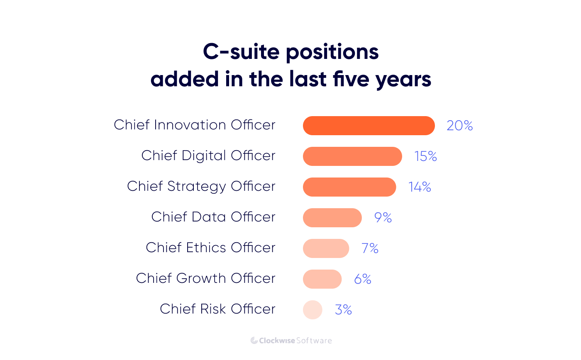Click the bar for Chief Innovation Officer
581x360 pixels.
tap(369, 126)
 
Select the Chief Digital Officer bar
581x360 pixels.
tap(352, 156)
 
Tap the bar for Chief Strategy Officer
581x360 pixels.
tap(349, 187)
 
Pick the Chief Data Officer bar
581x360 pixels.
tap(332, 218)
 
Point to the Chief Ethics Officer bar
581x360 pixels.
tap(326, 248)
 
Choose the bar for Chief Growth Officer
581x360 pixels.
tap(322, 279)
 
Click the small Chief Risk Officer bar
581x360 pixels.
tap(312, 310)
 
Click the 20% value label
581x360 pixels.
tap(459, 126)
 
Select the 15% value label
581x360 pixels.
tap(425, 156)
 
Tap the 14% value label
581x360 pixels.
tap(420, 187)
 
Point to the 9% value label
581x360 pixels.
tap(383, 218)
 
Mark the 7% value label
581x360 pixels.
tap(370, 248)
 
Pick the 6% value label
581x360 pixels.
tap(362, 279)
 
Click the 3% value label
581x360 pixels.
tap(343, 310)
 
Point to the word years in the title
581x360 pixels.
tap(403, 79)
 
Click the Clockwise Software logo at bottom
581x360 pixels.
tap(291, 341)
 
